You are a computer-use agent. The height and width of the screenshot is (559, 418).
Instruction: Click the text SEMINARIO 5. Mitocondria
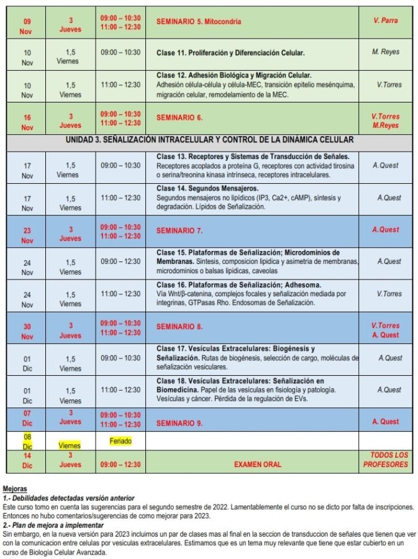(x=199, y=22)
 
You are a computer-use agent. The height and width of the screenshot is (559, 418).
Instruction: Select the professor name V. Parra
(x=385, y=20)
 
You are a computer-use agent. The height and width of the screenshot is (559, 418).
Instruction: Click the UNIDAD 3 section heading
(x=209, y=140)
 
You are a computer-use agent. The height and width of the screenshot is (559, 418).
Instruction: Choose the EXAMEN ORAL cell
(x=257, y=464)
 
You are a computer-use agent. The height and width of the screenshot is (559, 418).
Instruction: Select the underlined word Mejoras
(x=15, y=489)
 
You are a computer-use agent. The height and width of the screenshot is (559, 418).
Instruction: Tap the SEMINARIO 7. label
(x=179, y=230)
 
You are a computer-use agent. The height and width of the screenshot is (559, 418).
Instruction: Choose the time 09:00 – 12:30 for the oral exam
(x=120, y=464)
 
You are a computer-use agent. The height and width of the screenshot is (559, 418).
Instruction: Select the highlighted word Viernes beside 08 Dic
(x=70, y=445)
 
